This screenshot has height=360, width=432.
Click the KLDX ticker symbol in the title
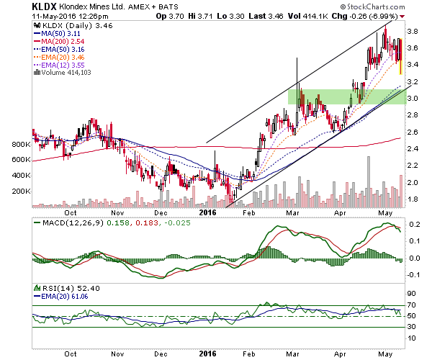click(x=44, y=6)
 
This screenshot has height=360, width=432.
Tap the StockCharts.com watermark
click(x=372, y=6)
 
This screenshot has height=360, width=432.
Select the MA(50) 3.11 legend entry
click(x=57, y=34)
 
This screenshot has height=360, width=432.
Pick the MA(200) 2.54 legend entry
click(x=59, y=42)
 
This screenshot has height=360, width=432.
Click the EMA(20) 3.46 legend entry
click(x=59, y=58)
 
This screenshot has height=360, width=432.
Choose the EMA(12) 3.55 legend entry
click(x=59, y=66)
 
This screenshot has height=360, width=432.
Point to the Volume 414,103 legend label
click(x=62, y=73)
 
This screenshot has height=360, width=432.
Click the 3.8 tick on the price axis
click(x=413, y=32)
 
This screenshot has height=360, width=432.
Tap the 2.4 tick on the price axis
click(x=413, y=149)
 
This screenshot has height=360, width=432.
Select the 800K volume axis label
click(x=21, y=144)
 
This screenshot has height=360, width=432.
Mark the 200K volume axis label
click(x=21, y=191)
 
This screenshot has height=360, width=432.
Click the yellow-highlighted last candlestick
click(x=400, y=56)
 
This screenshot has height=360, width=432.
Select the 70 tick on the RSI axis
click(x=411, y=305)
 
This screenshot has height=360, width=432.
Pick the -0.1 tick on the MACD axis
click(x=412, y=275)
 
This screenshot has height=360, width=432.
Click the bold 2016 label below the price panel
click(x=208, y=212)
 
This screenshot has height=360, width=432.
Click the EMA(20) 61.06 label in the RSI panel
click(x=61, y=297)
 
